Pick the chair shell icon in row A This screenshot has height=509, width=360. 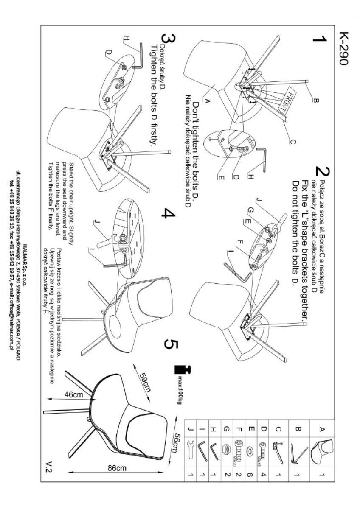321,451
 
